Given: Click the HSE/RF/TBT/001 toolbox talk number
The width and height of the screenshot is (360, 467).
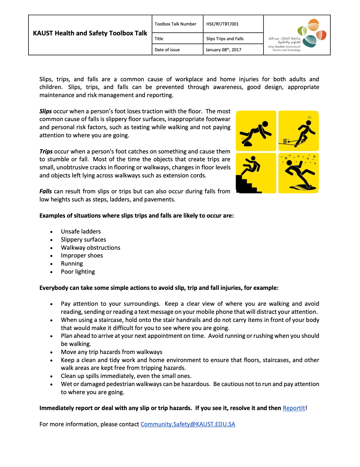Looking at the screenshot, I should (222, 24).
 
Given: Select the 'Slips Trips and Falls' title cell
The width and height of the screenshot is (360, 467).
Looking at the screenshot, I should (225, 39).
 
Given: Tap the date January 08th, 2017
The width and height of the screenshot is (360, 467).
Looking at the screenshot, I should (223, 50).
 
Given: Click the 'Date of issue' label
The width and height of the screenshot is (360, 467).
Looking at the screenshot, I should (167, 50).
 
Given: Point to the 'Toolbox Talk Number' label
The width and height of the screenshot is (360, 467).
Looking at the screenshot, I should (175, 24).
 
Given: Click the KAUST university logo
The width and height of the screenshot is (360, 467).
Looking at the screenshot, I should (297, 35).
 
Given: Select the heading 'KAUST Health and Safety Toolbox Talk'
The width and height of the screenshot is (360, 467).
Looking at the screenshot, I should (90, 33).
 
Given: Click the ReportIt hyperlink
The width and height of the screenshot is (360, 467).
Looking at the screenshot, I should (294, 408).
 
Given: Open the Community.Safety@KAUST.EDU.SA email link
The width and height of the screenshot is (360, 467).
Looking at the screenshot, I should (188, 424).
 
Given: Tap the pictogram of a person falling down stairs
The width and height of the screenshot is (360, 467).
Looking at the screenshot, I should (256, 173).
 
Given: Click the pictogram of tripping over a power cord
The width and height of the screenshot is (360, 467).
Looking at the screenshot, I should (298, 131).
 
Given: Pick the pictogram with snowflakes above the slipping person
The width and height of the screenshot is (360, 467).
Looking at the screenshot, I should (298, 173).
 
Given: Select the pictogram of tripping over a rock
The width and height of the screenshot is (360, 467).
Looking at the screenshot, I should (256, 131).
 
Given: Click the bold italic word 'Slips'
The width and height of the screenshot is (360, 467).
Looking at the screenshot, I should (46, 111).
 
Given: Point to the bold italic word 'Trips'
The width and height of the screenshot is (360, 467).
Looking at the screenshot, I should (46, 151).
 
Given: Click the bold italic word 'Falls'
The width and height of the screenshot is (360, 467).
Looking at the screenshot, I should (46, 191).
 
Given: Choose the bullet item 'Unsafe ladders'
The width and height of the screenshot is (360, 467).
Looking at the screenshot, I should (81, 231).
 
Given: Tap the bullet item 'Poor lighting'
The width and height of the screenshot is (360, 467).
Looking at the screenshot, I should (78, 272).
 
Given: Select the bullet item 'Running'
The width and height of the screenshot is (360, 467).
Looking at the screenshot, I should (72, 263).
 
